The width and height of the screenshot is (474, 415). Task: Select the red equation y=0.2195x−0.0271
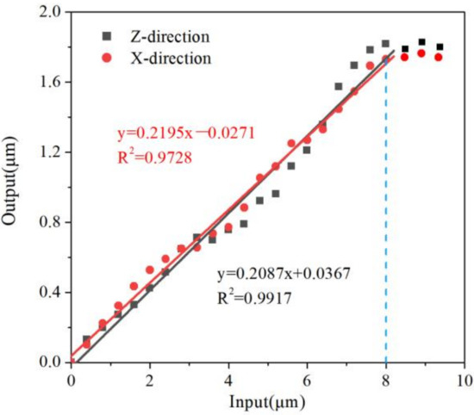185,134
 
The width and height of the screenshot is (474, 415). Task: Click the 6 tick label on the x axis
307,380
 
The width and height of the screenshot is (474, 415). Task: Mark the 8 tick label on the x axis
385,380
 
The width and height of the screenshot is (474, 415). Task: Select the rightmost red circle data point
439,57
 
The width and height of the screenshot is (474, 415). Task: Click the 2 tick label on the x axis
149,380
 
